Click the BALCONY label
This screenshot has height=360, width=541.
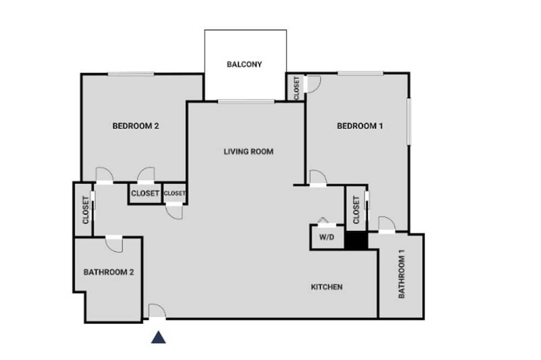coord(245,64)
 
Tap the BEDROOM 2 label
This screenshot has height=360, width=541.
coord(136,126)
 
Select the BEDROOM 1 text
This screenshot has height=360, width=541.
coord(360,126)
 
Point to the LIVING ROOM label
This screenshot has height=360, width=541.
coord(248,151)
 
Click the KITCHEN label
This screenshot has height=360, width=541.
coord(327,287)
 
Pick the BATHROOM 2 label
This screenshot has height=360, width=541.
coord(109,272)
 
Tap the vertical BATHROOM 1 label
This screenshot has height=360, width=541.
coord(401,274)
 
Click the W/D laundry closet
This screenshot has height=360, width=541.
coord(327,237)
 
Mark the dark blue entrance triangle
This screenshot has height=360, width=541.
coord(159,337)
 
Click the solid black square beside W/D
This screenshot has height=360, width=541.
coord(357,241)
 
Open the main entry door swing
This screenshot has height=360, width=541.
coord(157,311)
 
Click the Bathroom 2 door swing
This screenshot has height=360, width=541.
coord(114,244)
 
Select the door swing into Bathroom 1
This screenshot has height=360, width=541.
coord(387,223)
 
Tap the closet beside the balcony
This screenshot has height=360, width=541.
coord(296,87)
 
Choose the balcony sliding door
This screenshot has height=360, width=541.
coord(246,102)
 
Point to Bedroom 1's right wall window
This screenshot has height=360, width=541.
coord(409,122)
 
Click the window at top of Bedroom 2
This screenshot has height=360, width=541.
coord(131,74)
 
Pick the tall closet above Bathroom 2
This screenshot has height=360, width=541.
coord(84,209)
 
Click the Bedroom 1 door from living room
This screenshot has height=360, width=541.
coord(318,178)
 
